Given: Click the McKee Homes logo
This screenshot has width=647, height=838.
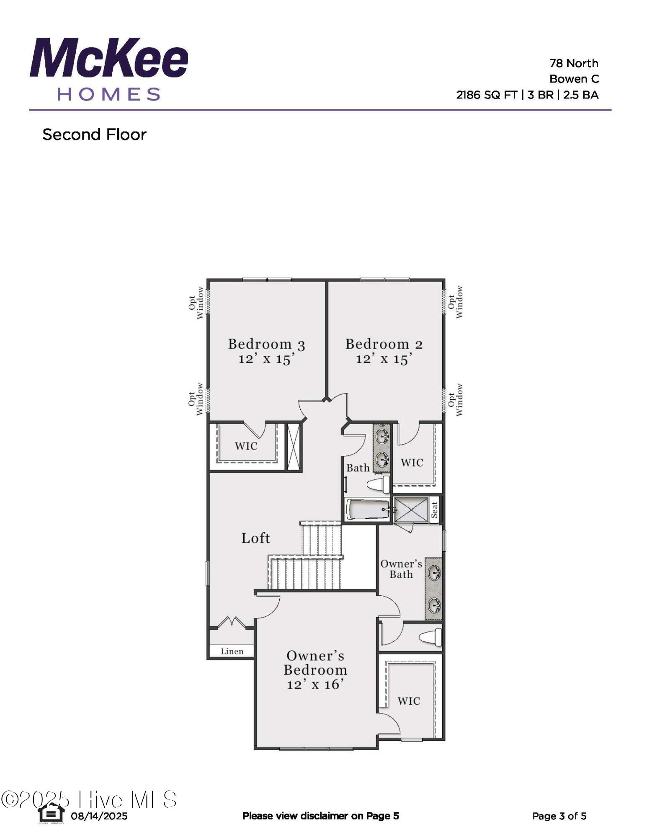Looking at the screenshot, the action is [x=109, y=69].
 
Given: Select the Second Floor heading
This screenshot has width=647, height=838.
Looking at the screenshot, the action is [x=94, y=134].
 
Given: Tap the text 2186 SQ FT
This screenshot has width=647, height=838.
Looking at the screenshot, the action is [x=487, y=95].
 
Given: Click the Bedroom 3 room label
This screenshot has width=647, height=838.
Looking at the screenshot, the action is [x=266, y=344].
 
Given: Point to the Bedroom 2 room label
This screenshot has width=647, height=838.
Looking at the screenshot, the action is [x=384, y=344].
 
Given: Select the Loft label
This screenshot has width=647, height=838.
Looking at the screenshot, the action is [x=255, y=538].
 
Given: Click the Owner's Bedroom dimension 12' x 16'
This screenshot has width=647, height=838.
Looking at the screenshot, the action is [x=315, y=684].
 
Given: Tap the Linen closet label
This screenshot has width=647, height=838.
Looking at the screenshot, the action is [x=232, y=651].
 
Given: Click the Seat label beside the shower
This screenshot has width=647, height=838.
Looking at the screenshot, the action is [x=434, y=510].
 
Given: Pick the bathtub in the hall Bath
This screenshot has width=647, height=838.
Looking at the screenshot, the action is [x=368, y=510].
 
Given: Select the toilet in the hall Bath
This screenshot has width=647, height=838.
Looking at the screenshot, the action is [x=379, y=485].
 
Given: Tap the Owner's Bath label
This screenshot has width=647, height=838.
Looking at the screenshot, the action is [x=401, y=569].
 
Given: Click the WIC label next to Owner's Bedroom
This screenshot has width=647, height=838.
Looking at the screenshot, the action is [x=409, y=701].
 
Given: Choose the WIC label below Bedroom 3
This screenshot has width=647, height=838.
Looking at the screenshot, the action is [x=246, y=446].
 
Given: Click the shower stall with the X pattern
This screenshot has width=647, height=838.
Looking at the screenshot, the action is [x=412, y=510].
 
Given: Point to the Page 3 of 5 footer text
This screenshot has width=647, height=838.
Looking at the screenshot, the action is [x=559, y=816].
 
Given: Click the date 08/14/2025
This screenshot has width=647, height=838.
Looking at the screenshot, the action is [x=99, y=816].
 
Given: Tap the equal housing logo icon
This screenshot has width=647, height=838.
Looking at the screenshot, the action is [x=51, y=813].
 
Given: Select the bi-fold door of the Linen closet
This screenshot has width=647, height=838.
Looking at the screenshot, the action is [x=232, y=622].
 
